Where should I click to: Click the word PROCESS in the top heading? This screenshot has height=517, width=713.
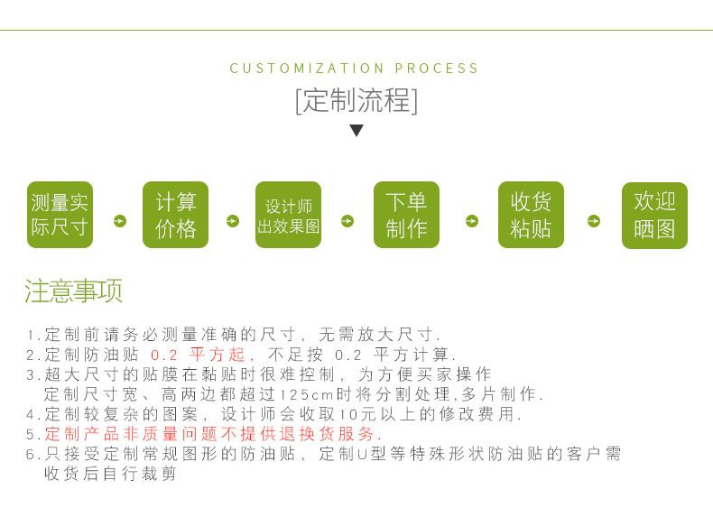(437, 69)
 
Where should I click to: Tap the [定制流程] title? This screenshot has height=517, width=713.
(356, 100)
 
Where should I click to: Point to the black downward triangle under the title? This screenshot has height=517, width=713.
(356, 131)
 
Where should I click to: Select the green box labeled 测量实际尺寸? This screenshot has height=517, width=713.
(60, 215)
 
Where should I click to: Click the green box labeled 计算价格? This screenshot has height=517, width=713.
(175, 215)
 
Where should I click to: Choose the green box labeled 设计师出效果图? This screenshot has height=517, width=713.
(288, 215)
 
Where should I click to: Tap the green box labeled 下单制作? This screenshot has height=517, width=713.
(406, 215)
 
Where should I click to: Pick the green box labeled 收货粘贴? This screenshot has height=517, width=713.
(531, 215)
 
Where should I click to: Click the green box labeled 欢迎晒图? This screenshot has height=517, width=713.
(654, 216)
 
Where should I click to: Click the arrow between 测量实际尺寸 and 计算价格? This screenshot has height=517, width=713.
(120, 221)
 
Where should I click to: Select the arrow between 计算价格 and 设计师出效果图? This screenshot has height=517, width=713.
(233, 221)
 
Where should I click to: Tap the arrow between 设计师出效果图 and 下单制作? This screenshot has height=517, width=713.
(347, 221)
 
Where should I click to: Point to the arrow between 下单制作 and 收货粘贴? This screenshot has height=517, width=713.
(471, 221)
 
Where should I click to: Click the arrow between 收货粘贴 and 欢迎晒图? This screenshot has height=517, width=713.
(594, 221)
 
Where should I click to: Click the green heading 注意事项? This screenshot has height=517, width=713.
(73, 291)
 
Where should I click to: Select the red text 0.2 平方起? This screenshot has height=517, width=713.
(198, 355)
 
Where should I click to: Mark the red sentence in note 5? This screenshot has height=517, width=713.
(213, 434)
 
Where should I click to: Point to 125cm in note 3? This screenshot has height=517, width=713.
(307, 395)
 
